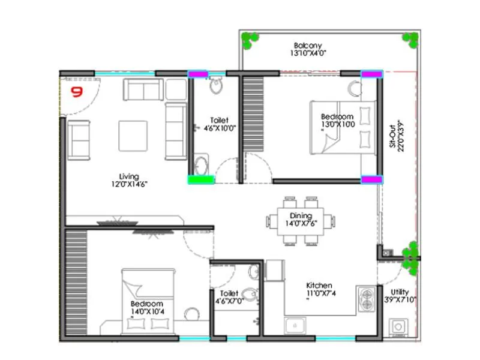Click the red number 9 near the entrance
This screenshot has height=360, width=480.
coord(77,92)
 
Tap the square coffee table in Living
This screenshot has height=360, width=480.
coord(133,136)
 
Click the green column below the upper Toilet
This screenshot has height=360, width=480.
coord(201,179)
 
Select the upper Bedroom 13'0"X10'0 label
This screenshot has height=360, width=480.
coord(337,120)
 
